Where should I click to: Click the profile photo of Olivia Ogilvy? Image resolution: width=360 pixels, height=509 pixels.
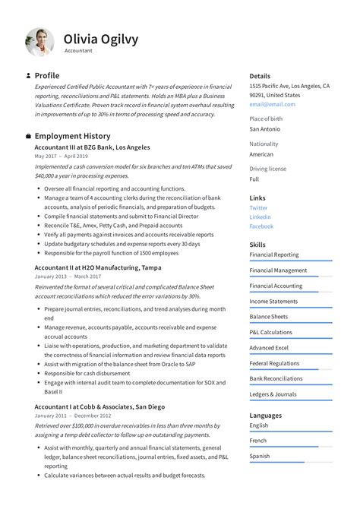39,42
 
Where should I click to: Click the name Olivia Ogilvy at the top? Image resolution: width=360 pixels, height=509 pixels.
100,39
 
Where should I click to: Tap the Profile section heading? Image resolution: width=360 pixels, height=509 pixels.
47,76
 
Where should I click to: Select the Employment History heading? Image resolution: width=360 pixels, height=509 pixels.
72,136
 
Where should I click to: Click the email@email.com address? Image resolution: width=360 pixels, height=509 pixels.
271,104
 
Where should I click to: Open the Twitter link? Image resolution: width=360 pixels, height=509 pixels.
258,207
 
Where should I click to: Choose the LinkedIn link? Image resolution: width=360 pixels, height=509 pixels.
260,217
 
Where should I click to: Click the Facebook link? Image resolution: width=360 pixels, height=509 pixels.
261,226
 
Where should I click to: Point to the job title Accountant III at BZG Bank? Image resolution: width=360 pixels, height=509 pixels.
92,147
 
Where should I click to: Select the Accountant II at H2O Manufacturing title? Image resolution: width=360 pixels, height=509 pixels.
97,267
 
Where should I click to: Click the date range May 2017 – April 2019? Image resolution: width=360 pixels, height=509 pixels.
61,156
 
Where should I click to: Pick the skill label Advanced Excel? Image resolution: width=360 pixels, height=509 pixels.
269,348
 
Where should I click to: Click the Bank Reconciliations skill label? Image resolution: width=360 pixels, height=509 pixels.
276,378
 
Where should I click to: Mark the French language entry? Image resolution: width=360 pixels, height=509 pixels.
258,441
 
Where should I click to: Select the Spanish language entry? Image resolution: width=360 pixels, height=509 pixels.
260,456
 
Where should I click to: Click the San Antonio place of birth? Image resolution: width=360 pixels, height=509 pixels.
265,128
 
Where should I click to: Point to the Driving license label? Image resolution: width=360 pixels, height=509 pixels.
268,169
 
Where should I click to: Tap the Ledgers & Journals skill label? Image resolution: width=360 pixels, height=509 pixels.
273,394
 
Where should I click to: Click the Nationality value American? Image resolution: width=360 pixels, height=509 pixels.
262,153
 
